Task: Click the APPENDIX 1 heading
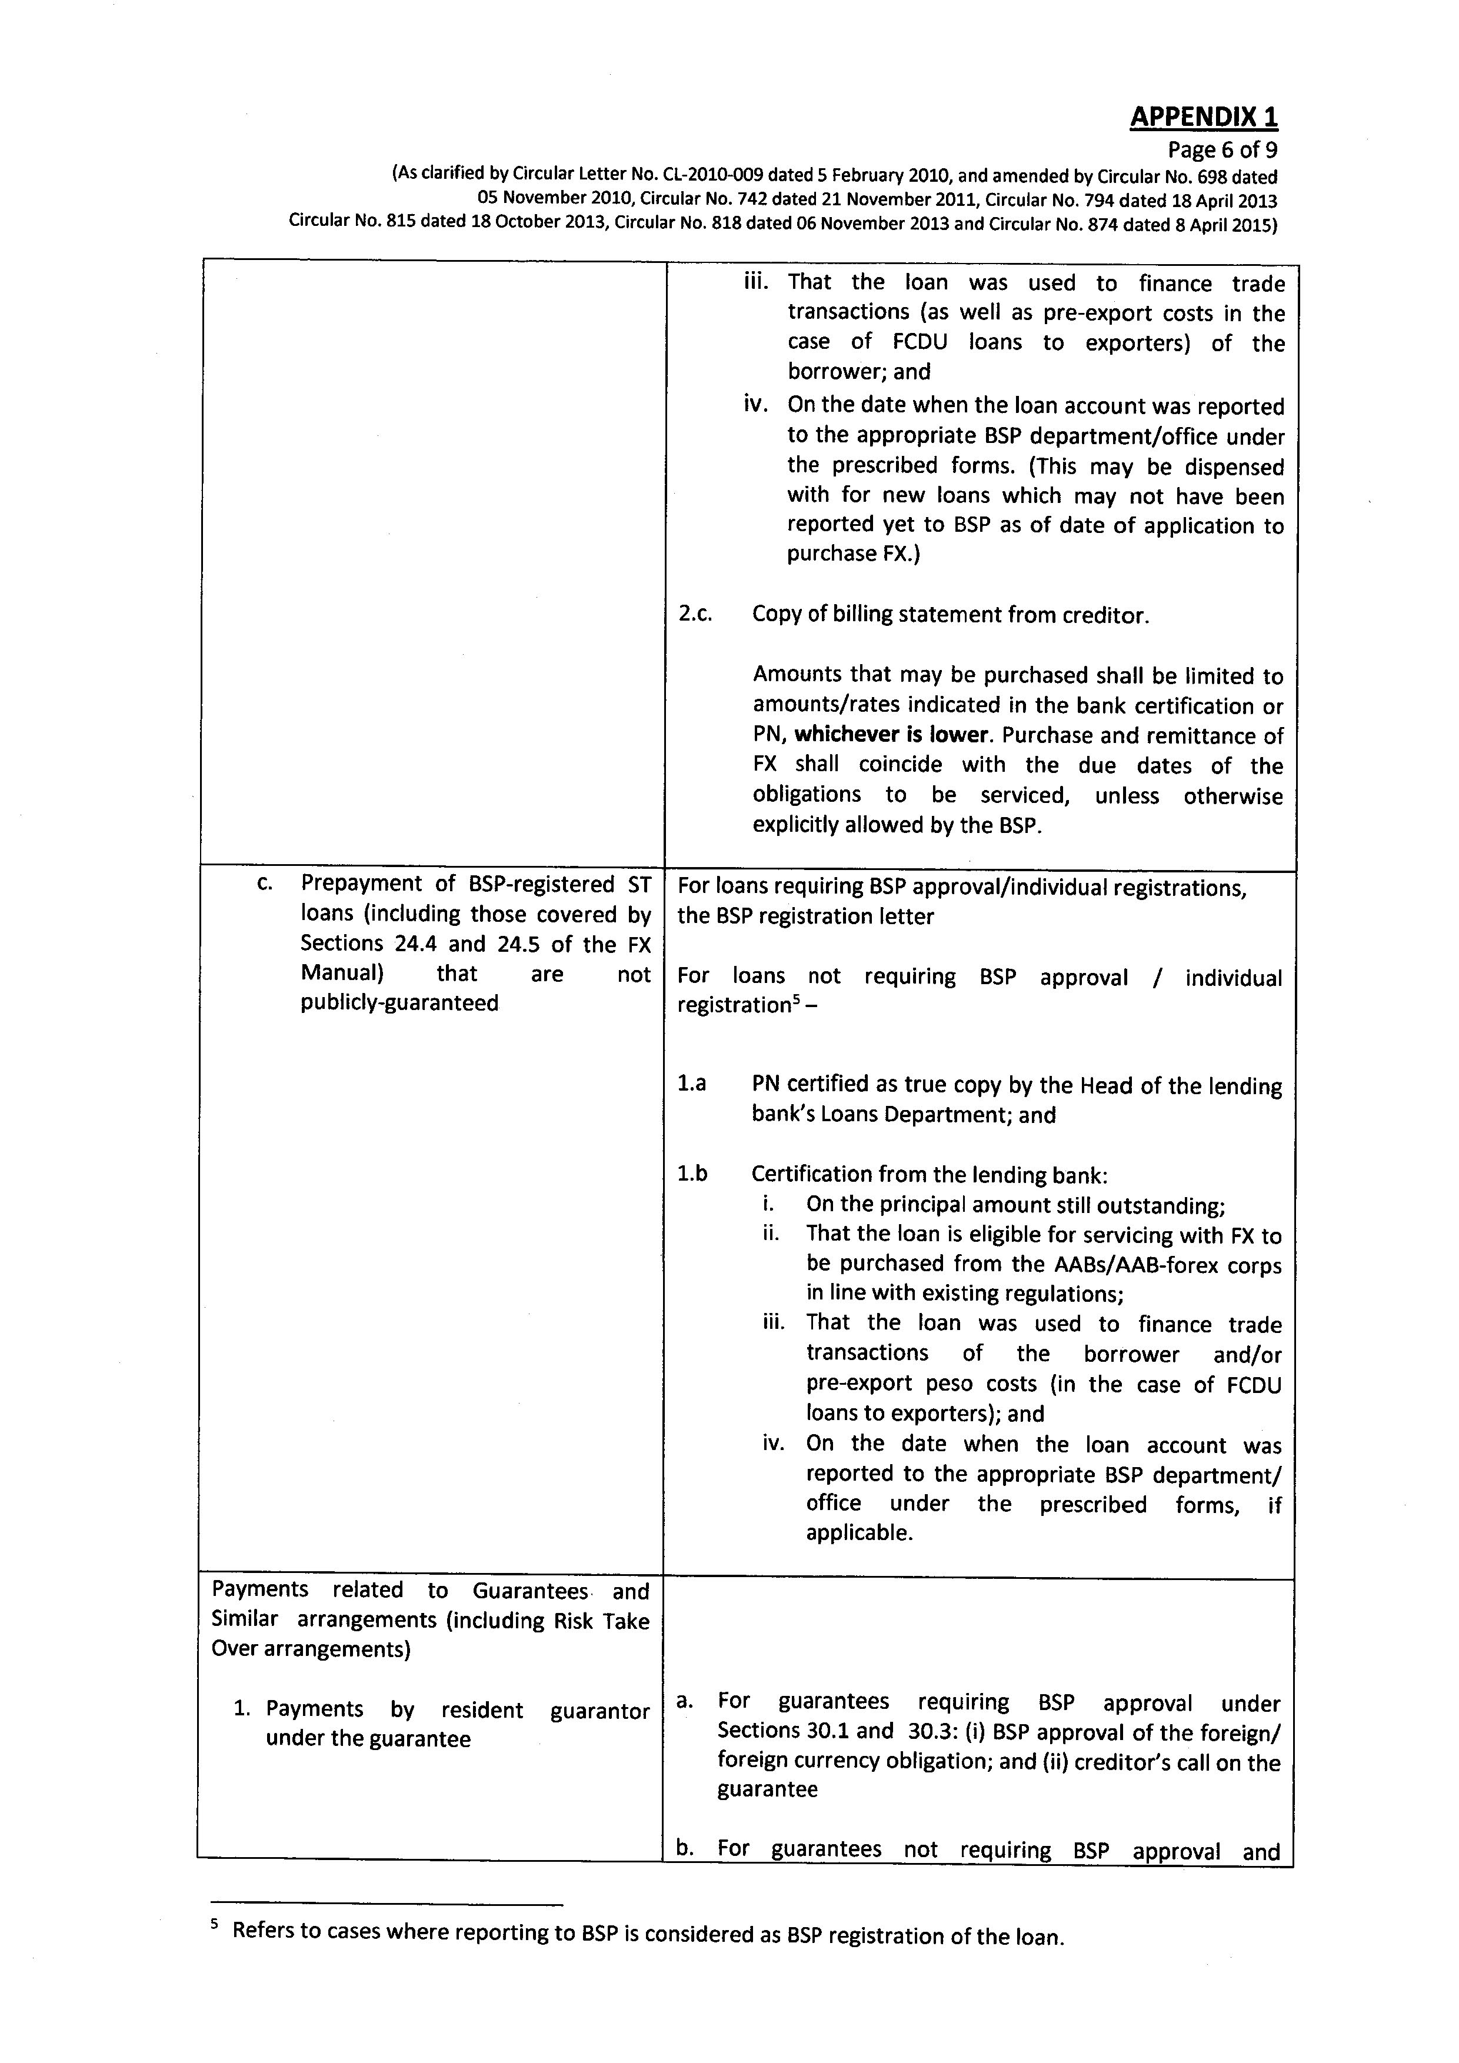coord(1203,117)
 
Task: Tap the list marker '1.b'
coord(692,1174)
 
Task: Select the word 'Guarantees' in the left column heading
coord(530,1591)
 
